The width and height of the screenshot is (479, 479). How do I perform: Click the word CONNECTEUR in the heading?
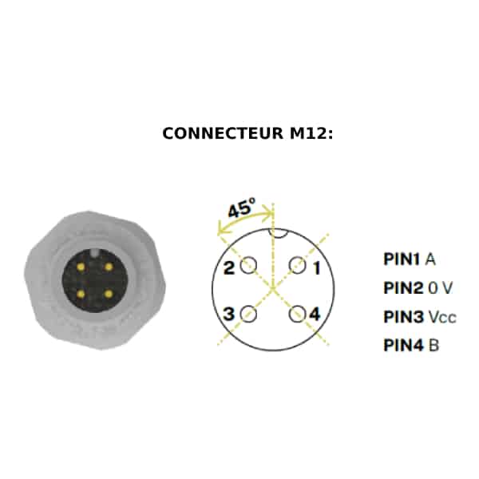tap(223, 133)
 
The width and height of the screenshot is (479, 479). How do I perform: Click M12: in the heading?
tap(311, 133)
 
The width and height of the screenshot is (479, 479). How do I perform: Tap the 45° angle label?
tap(241, 208)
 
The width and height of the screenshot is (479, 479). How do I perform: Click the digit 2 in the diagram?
tap(229, 268)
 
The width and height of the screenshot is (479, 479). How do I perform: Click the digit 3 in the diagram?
tap(228, 314)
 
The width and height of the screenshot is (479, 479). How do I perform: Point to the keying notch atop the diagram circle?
tap(277, 235)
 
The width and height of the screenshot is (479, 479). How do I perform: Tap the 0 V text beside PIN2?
tap(440, 287)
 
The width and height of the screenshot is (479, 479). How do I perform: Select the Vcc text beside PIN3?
tap(442, 317)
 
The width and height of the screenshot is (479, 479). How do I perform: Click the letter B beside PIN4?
tap(433, 346)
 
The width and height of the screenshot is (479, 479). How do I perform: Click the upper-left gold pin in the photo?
tap(81, 267)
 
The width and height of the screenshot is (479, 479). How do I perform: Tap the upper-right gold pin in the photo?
tap(109, 267)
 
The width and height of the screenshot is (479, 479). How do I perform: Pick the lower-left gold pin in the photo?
tap(81, 294)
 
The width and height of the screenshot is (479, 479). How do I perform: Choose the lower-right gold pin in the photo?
tap(109, 294)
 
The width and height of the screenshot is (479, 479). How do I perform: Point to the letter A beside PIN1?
tap(430, 259)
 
